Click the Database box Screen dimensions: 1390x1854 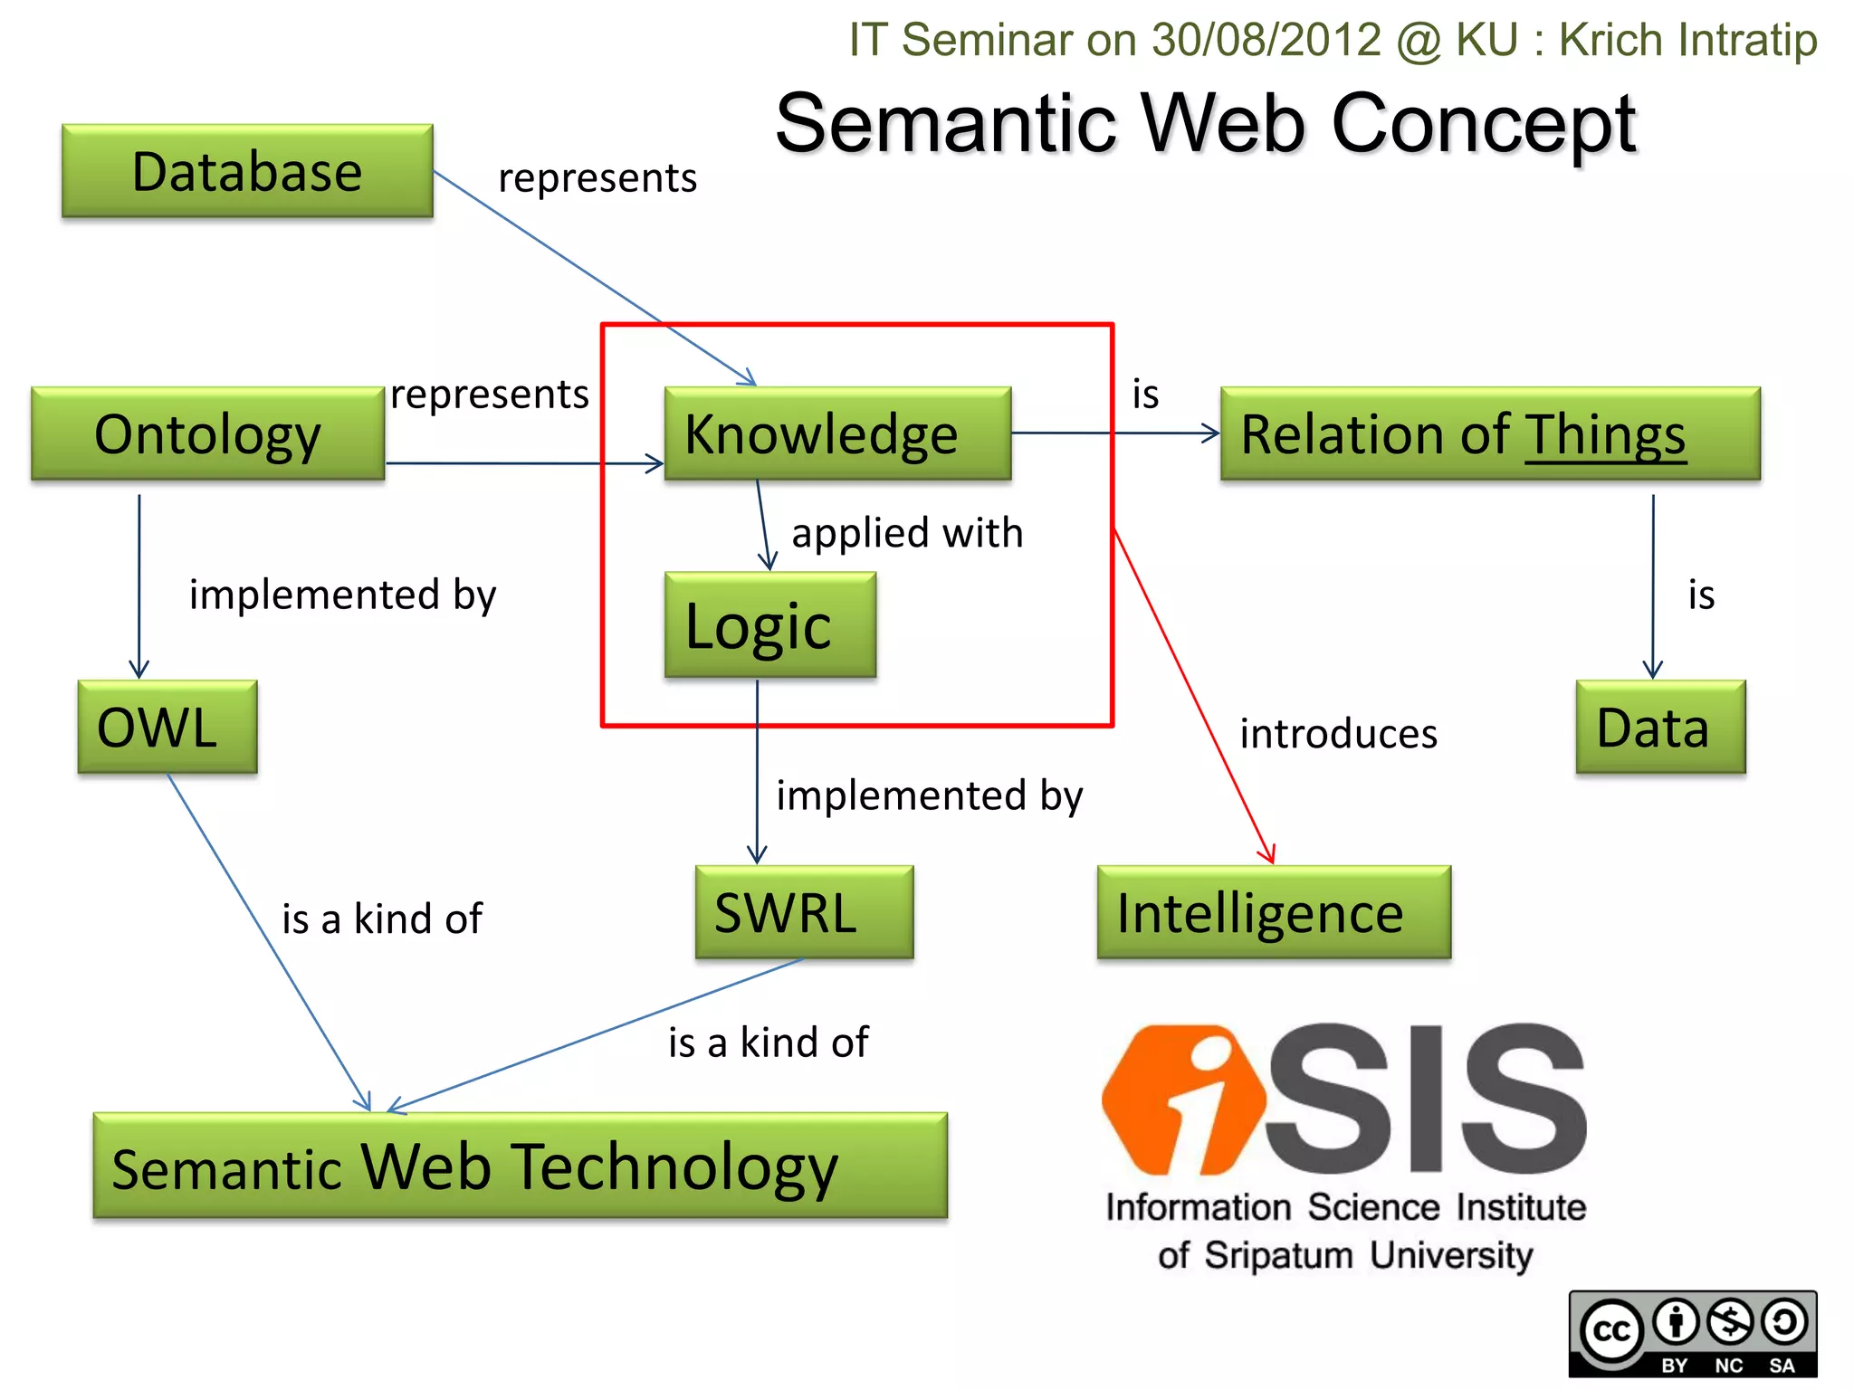tap(247, 171)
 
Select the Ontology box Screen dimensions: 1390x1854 tap(207, 433)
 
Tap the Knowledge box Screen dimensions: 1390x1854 tap(837, 433)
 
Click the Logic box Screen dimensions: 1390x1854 tap(769, 625)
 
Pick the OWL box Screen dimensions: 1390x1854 tap(167, 727)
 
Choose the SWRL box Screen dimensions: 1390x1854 tap(804, 912)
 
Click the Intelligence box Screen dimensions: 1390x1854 tap(1273, 912)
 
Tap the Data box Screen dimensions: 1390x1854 tap(1659, 727)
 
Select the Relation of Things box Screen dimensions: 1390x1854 tap(1489, 433)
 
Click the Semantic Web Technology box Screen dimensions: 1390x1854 tap(520, 1166)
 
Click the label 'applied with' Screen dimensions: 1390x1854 tap(907, 532)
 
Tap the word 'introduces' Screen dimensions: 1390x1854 tap(1338, 733)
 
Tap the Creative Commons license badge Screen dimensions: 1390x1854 tap(1692, 1333)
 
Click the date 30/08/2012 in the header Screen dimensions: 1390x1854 tap(1266, 40)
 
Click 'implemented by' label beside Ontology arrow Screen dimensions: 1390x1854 tap(342, 595)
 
